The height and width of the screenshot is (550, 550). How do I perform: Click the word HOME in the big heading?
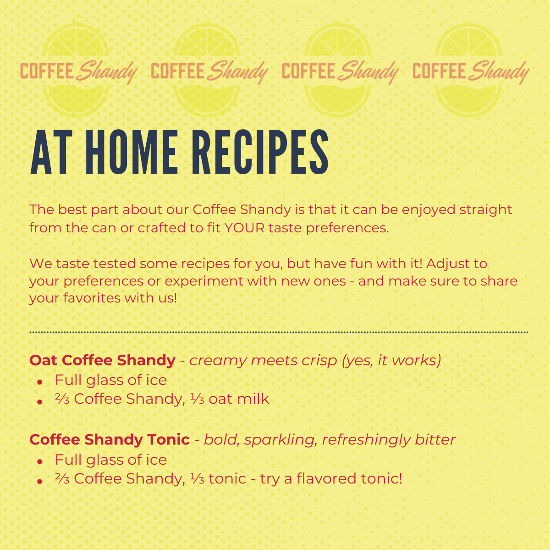click(132, 152)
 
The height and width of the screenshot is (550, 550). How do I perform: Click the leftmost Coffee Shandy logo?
click(78, 71)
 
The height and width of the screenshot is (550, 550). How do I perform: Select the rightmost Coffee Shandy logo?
click(471, 71)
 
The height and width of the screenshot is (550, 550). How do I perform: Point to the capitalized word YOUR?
click(244, 228)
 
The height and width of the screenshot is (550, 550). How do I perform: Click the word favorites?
click(94, 298)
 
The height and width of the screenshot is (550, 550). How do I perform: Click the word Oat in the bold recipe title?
click(44, 360)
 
